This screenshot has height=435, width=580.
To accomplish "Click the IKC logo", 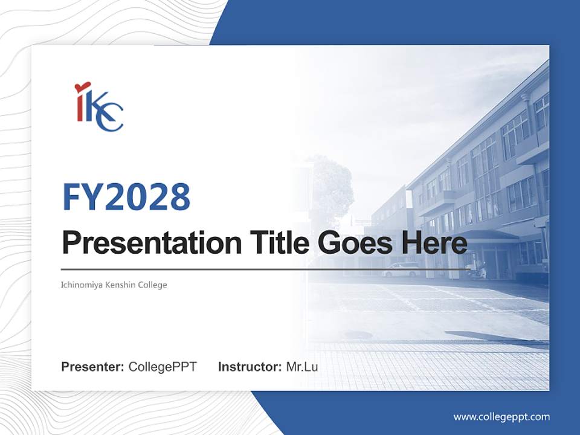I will click(x=99, y=107).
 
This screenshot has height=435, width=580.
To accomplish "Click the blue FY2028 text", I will click(x=126, y=197).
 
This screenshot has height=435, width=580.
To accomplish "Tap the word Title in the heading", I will click(x=270, y=243).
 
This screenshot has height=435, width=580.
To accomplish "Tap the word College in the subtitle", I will click(x=151, y=285).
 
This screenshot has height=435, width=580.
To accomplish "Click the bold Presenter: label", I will click(x=93, y=367).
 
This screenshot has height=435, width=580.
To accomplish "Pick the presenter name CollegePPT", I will click(x=163, y=367).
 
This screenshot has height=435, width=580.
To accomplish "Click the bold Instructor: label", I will click(x=250, y=367).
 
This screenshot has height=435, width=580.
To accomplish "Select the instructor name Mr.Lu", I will click(x=302, y=367).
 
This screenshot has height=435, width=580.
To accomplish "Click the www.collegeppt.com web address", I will click(x=501, y=416).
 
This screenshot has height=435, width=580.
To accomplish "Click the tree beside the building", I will click(x=329, y=187).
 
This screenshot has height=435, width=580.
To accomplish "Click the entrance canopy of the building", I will click(x=483, y=236).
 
